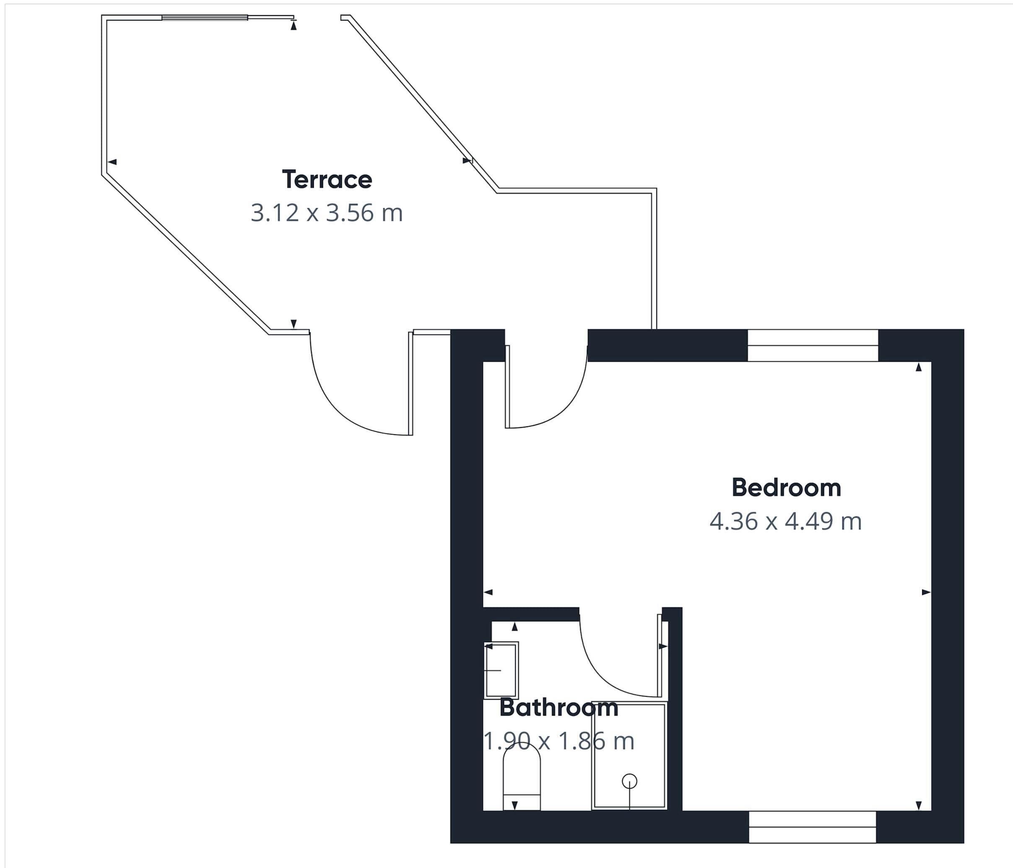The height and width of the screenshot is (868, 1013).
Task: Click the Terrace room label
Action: click(x=327, y=179)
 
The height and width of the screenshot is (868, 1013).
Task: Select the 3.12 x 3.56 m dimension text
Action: click(x=327, y=213)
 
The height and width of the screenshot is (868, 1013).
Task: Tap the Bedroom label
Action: click(x=786, y=488)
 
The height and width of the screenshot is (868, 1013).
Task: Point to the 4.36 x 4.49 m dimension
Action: click(x=785, y=521)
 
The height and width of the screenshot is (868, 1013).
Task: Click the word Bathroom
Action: click(x=558, y=708)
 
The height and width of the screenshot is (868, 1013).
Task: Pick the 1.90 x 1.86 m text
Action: click(x=558, y=741)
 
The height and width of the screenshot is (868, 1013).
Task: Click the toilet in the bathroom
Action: click(x=522, y=777)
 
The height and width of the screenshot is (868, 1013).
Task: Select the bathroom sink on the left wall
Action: click(x=501, y=670)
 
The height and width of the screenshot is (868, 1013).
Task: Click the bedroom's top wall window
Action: click(x=813, y=345)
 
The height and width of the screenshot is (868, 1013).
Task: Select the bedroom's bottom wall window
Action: click(x=812, y=827)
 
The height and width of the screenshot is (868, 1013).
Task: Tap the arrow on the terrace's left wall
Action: click(x=112, y=162)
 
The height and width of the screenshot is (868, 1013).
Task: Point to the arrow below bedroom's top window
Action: click(x=919, y=367)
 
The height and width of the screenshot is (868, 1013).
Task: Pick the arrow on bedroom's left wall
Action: click(x=488, y=592)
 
